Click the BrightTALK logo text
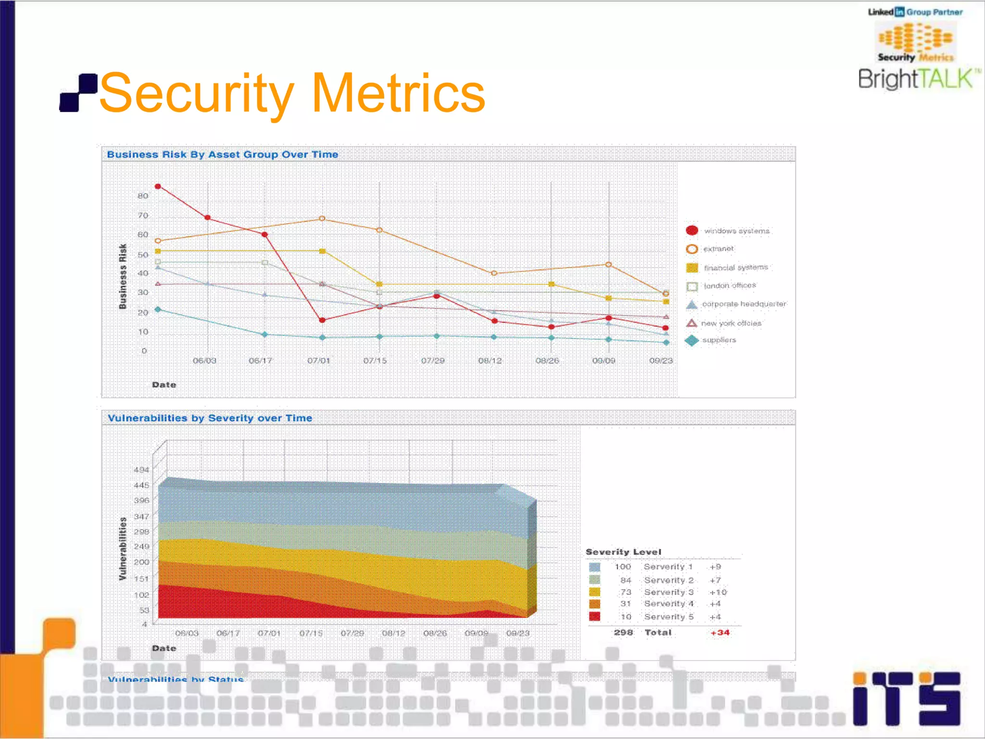coord(916,79)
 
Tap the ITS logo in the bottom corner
coord(906,699)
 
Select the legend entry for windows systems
coord(736,231)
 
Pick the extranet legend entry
coord(719,249)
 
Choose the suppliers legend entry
coord(719,340)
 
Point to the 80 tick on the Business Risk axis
coord(143,196)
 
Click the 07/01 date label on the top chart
coord(318,360)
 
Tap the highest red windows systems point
coord(158,187)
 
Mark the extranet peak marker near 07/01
coord(322,219)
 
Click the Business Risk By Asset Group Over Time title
coord(222,154)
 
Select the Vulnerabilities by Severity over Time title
coord(210,418)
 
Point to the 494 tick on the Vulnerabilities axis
coord(141,470)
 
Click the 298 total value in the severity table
coord(623,632)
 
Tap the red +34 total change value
coord(720,632)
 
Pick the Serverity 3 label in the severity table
coord(669,592)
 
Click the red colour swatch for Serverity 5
coord(595,616)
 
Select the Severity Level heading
coord(623,552)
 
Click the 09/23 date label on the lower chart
coord(518,633)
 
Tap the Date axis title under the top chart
coord(164,385)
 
